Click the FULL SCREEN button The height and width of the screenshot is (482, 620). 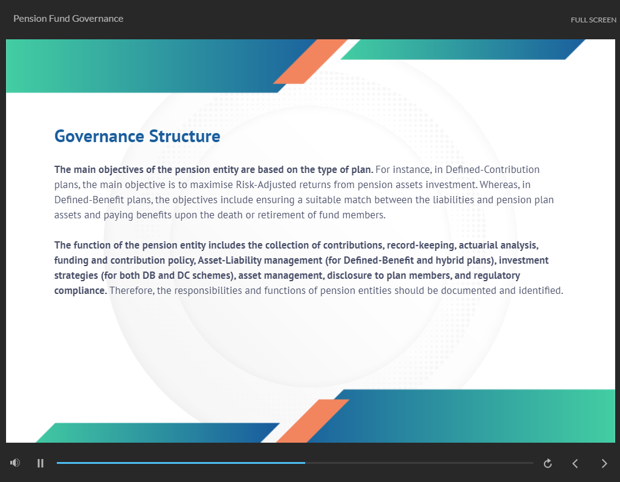593,20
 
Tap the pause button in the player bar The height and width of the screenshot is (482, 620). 40,463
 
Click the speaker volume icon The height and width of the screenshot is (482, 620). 15,463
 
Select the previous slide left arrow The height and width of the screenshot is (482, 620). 575,463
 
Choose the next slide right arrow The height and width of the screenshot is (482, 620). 604,463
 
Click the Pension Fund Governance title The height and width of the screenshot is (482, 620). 68,19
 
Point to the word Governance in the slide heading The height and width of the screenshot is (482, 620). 99,137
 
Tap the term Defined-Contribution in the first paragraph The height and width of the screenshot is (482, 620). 492,169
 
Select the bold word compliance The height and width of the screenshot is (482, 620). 80,291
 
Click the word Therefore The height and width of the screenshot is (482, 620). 132,290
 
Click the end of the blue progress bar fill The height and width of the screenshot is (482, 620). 305,463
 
